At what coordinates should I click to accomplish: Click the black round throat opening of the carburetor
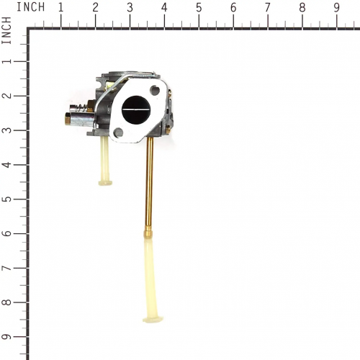click(x=135, y=109)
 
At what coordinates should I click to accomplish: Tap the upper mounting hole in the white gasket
click(x=155, y=90)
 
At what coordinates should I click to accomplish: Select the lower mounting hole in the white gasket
click(x=118, y=132)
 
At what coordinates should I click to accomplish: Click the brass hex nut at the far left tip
click(x=68, y=119)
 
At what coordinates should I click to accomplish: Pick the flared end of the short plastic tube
click(x=105, y=183)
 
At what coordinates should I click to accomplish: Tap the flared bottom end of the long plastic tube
click(x=153, y=320)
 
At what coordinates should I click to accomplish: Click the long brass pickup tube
click(x=149, y=182)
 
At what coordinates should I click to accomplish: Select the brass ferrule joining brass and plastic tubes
click(x=148, y=231)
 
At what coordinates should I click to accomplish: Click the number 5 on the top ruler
click(x=199, y=8)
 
